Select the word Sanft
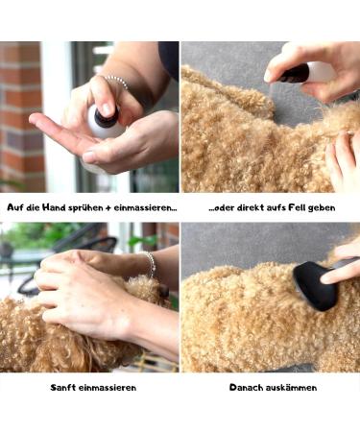65,387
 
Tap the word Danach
247,387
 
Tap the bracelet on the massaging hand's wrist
150,264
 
